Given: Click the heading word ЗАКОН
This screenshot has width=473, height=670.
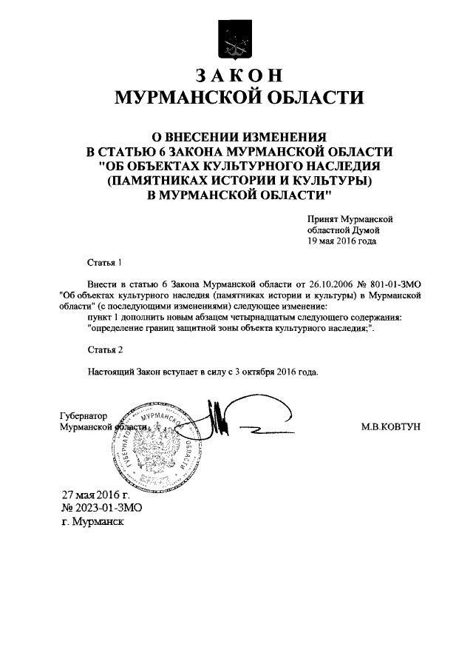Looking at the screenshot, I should (237, 76).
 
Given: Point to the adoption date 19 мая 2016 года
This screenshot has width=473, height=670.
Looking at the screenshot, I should (342, 241).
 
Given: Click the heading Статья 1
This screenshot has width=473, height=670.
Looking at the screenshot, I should (102, 262).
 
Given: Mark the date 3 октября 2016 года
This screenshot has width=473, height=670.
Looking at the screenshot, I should (278, 372).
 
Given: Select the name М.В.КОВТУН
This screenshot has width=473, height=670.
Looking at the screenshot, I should (390, 428).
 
